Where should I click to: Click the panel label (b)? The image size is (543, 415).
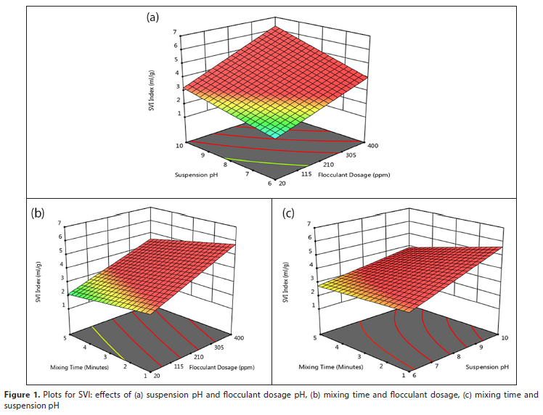tap(38, 213)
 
